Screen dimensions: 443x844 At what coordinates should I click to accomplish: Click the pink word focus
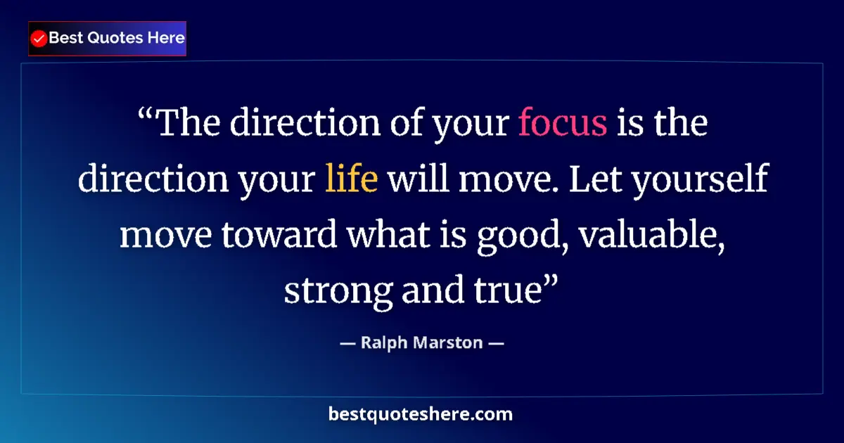563,124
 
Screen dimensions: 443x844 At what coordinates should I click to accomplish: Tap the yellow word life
352,179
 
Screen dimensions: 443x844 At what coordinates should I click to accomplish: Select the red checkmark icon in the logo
39,39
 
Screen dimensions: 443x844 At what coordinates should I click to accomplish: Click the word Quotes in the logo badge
115,38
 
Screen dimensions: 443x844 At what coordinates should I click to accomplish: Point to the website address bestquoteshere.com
421,414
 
